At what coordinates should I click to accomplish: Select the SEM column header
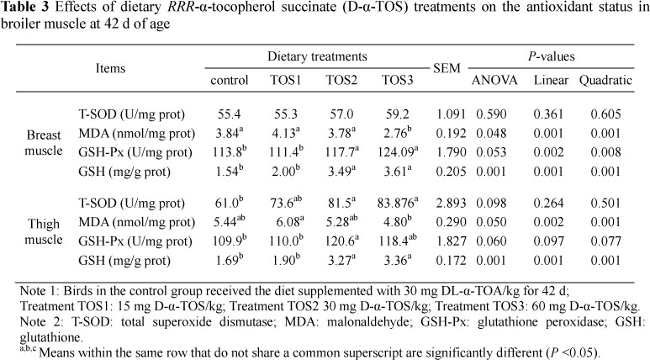point(444,69)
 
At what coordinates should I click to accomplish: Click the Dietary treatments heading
point(316,57)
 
